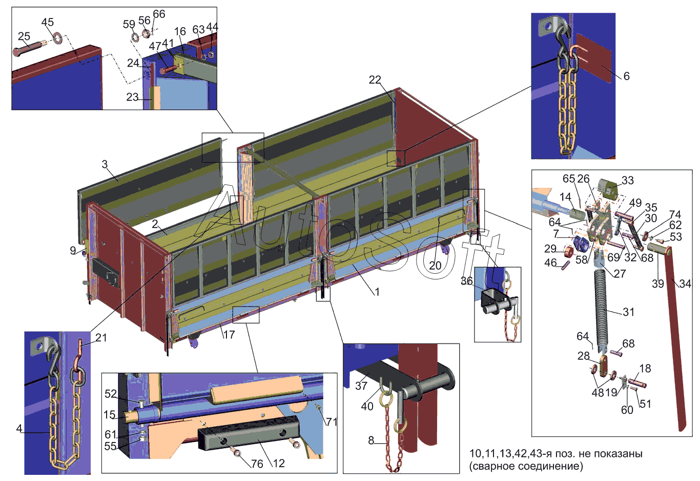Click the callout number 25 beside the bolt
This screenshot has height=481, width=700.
click(x=24, y=36)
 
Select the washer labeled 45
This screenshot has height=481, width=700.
click(x=58, y=38)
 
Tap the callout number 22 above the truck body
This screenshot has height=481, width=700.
click(x=375, y=80)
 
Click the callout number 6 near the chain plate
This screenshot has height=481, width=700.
click(x=627, y=76)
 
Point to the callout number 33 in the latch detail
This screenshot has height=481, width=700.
click(x=627, y=181)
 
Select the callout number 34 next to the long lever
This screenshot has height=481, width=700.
click(x=685, y=283)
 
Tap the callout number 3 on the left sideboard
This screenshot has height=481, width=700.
click(x=105, y=164)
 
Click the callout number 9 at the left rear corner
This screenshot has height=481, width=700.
click(x=73, y=250)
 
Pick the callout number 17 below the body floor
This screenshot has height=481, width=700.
click(x=229, y=335)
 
